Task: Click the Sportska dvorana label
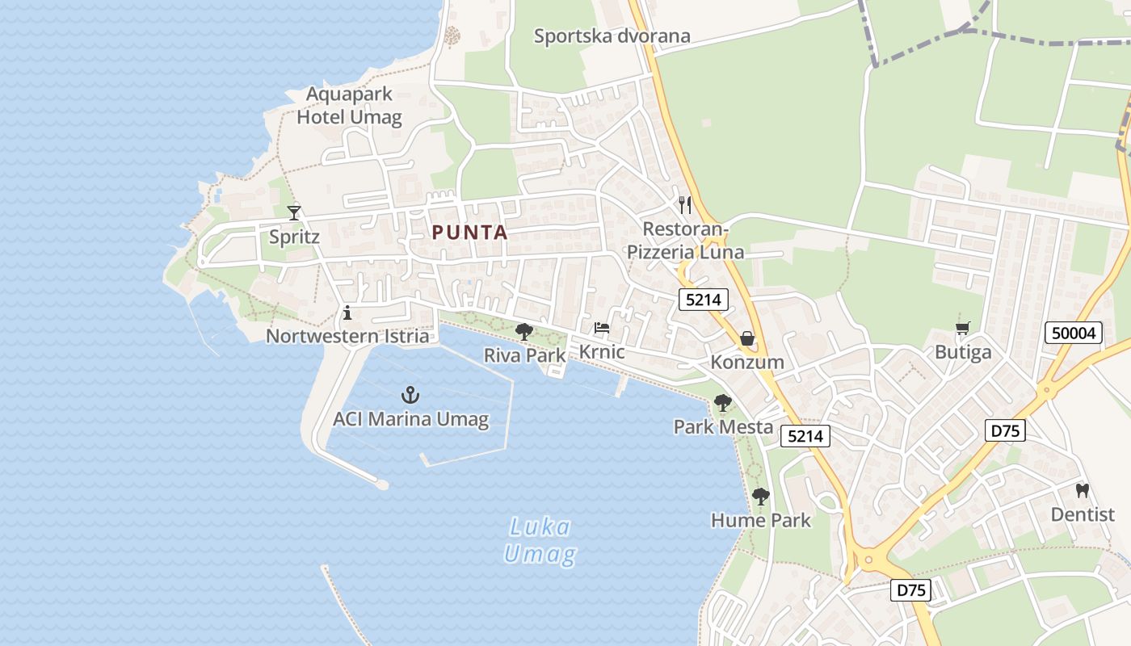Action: pyautogui.click(x=612, y=36)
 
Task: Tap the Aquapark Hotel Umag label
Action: pyautogui.click(x=349, y=106)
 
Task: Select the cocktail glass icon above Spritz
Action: pyautogui.click(x=294, y=212)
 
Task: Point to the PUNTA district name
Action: pyautogui.click(x=469, y=233)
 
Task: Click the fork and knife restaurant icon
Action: pyautogui.click(x=685, y=204)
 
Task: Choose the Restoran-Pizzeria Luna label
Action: pyautogui.click(x=685, y=241)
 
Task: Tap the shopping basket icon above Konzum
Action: pyautogui.click(x=747, y=338)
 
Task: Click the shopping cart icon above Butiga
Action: pyautogui.click(x=962, y=329)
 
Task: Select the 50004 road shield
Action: pyautogui.click(x=1074, y=333)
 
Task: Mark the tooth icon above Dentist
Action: pyautogui.click(x=1083, y=490)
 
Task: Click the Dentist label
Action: pyautogui.click(x=1083, y=514)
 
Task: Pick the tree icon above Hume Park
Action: pyautogui.click(x=760, y=497)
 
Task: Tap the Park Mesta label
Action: pyautogui.click(x=723, y=426)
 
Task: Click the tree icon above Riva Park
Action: pyautogui.click(x=524, y=331)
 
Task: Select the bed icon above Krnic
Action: pyautogui.click(x=602, y=328)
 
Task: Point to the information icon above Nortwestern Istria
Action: pyautogui.click(x=347, y=313)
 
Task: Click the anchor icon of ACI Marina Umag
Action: pyautogui.click(x=410, y=395)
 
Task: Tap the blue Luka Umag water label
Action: pyautogui.click(x=540, y=541)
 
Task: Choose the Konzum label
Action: pyautogui.click(x=747, y=362)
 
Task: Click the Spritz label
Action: pyautogui.click(x=294, y=237)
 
